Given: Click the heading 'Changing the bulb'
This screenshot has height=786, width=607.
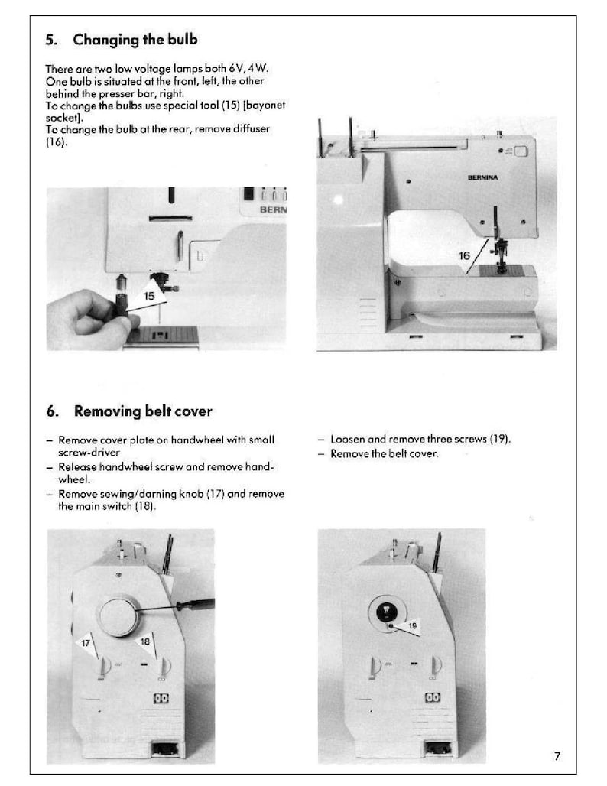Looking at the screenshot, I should (135, 40).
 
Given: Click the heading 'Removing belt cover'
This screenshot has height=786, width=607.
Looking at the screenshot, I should (142, 411).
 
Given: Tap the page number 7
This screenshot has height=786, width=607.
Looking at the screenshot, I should (557, 757).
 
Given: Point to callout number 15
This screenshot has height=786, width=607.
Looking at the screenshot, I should (148, 294).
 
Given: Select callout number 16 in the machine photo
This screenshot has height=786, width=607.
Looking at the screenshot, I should (464, 256).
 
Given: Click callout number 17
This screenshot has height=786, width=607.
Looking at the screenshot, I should (86, 644).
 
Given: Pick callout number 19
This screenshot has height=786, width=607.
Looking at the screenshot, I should (412, 625).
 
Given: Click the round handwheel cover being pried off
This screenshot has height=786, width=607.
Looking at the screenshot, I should (118, 617).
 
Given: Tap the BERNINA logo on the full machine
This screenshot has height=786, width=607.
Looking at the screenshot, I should (482, 177).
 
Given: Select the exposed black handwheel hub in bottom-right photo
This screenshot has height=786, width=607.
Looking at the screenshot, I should (387, 611).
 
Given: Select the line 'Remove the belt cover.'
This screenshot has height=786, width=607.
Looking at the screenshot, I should (384, 453).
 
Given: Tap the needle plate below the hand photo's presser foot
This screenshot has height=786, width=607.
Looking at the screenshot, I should (161, 335).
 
